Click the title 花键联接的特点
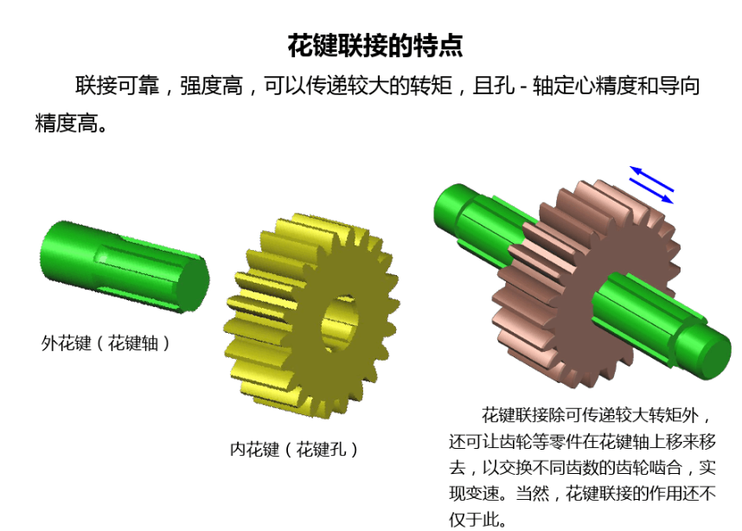point(375,46)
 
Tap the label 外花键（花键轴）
point(106,343)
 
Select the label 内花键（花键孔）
point(294,449)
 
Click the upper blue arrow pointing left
point(651,178)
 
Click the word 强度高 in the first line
point(211,86)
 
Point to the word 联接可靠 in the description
point(117,86)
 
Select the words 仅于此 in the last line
point(474,520)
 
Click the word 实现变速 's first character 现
point(457,494)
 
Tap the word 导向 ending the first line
point(679,86)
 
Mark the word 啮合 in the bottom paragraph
point(665,468)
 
